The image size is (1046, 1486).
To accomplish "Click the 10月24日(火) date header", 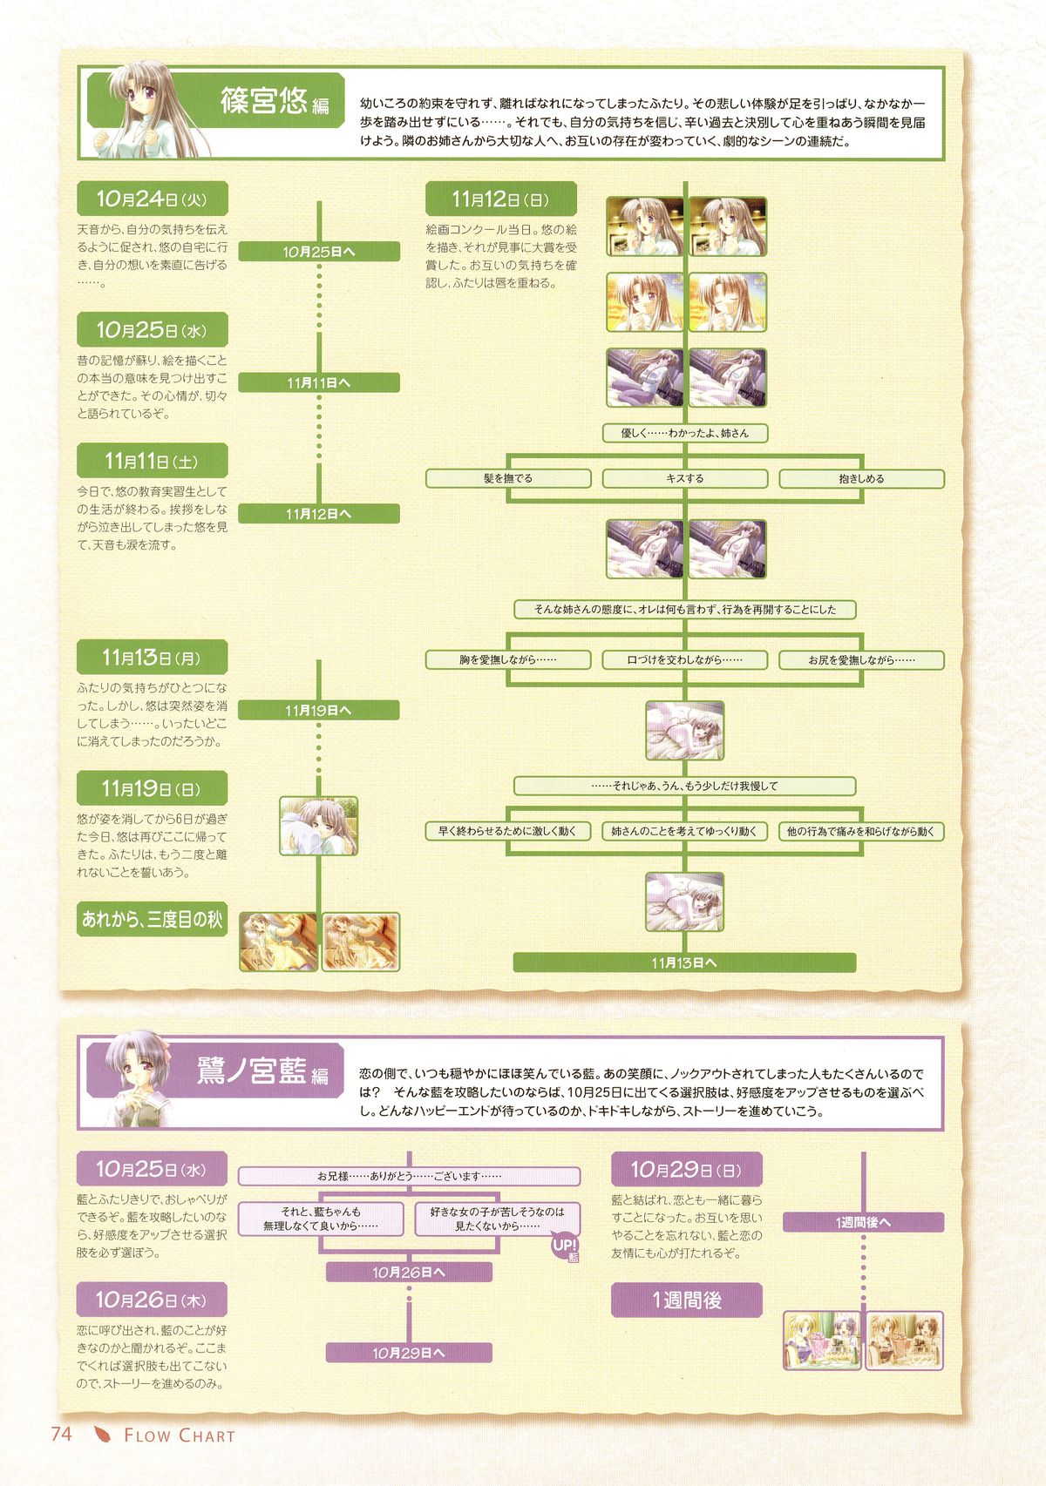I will point(153,199).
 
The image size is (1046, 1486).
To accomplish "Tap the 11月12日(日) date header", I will point(501,199).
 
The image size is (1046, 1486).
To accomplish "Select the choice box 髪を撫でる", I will point(508,478).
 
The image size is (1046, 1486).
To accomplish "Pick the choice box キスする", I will point(685,478).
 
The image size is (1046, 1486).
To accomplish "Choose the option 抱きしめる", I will point(861,478).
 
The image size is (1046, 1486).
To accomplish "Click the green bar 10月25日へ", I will point(319,252).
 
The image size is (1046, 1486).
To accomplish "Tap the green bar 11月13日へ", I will point(684,963).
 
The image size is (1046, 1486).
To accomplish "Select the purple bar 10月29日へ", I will point(409,1353).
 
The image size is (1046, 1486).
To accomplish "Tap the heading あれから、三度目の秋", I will point(153,919).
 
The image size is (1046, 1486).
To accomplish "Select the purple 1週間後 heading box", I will point(687,1300).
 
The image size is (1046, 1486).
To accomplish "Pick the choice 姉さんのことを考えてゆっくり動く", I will point(685,831).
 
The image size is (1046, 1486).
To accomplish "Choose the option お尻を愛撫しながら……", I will point(861,659).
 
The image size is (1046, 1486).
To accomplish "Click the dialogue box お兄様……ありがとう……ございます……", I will point(409,1176).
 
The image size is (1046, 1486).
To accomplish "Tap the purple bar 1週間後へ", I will point(863,1222).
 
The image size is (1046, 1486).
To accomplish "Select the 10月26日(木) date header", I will point(152,1300).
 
